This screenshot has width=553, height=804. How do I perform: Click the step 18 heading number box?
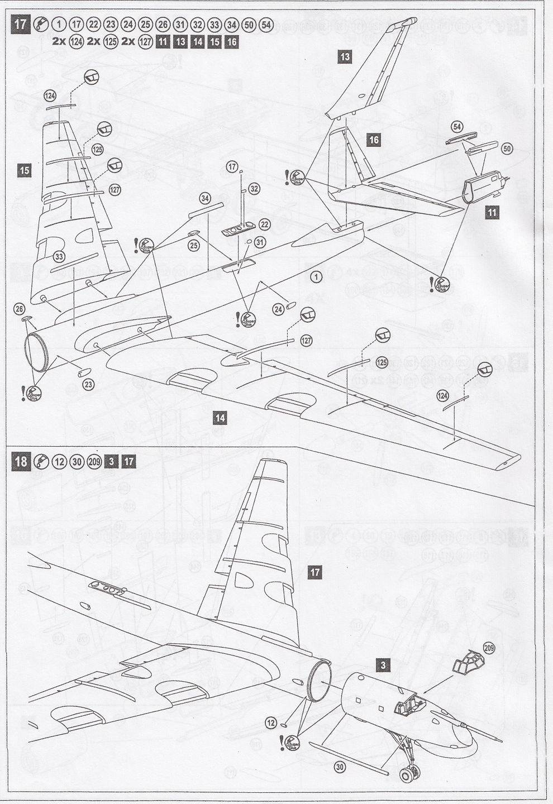click(21, 462)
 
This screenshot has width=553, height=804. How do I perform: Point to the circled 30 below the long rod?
click(339, 767)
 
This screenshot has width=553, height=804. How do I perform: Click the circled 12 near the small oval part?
click(271, 723)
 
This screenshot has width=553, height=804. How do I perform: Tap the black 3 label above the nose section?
click(383, 666)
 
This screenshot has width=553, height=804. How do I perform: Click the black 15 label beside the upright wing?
click(24, 170)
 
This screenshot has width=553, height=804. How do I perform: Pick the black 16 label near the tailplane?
click(374, 140)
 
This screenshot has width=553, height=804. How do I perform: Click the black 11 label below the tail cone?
click(492, 212)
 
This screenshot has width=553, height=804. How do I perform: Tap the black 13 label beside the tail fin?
click(345, 56)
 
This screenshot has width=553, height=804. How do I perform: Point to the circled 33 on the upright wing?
click(59, 256)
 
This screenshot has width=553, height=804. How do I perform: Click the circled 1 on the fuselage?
click(316, 276)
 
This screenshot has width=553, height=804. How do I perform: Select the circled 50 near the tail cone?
click(507, 149)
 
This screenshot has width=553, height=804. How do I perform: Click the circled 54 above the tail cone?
click(457, 126)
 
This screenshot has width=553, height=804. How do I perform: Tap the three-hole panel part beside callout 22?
click(237, 229)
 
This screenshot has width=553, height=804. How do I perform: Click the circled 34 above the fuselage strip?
click(205, 198)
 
